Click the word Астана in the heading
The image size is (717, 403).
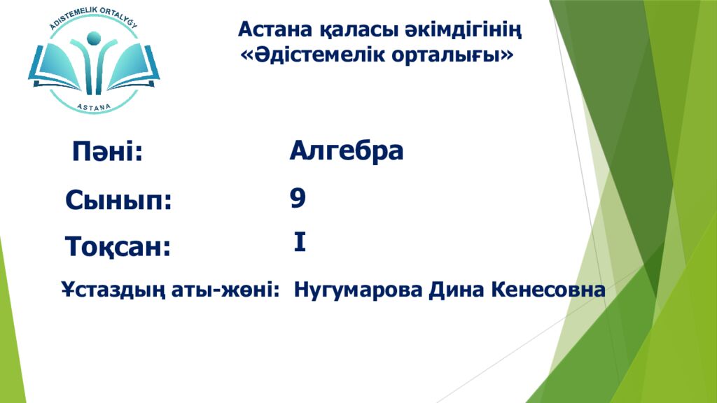point(270,29)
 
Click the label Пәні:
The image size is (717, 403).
point(107,152)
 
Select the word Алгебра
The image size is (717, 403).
point(347,150)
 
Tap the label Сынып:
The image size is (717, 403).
point(118,201)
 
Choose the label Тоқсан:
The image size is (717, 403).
point(118,246)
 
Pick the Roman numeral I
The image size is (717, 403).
point(300,243)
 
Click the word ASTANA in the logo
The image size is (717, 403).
point(93,104)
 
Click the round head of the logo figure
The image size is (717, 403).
point(94,39)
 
